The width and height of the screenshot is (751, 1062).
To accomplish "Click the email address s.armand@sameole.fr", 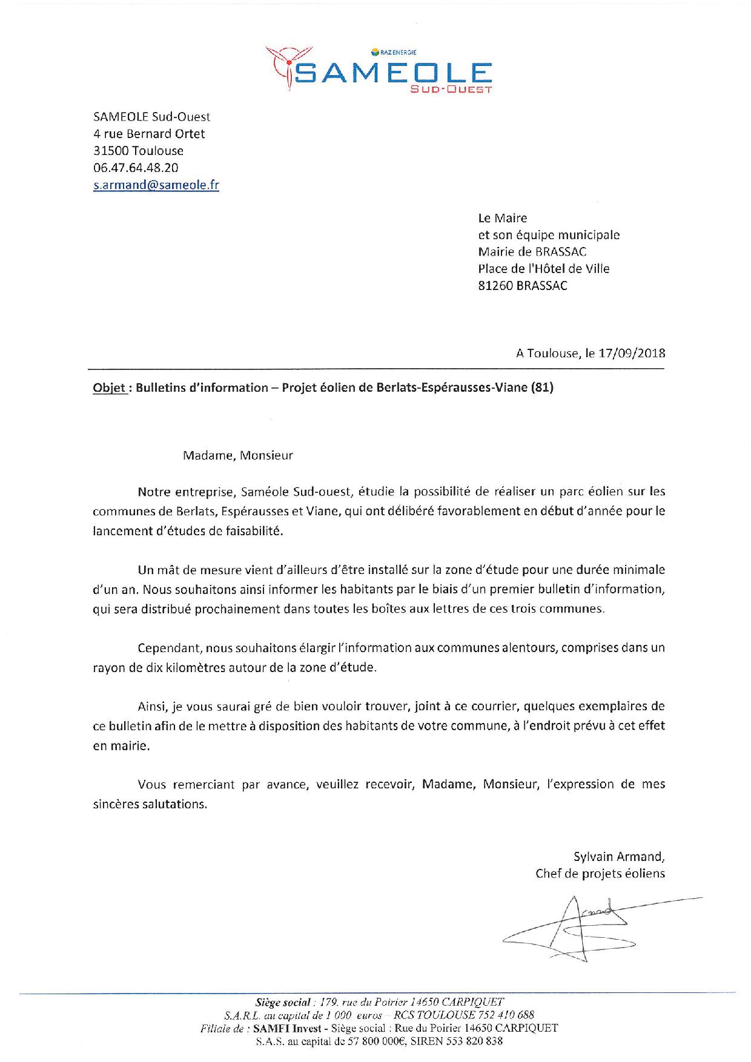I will tap(156, 186).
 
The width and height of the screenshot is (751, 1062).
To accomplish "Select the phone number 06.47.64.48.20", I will tap(136, 168).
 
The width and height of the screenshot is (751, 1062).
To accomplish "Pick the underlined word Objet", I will tap(109, 388).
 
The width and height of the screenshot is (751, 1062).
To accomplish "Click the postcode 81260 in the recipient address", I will tap(495, 286).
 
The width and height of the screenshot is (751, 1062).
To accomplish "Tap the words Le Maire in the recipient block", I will tap(503, 218).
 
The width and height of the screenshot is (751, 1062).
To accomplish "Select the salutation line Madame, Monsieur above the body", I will tap(237, 455).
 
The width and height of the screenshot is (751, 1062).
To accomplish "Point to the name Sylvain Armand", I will tap(618, 857).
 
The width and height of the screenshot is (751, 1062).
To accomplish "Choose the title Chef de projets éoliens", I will tap(600, 873).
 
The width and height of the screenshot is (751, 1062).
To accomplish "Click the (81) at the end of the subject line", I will tap(542, 388).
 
